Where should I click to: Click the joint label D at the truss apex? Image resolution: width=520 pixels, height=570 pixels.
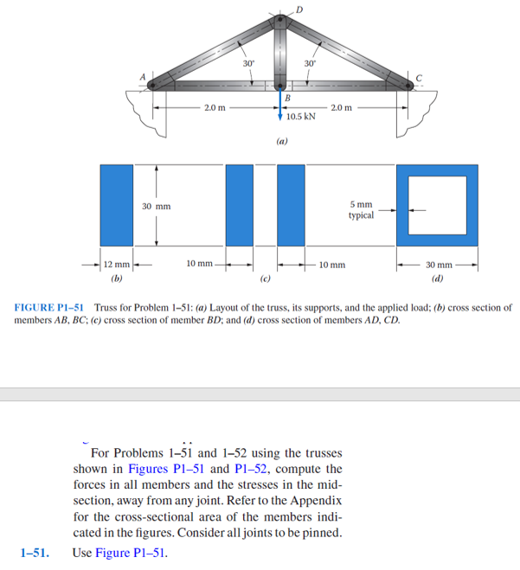click(x=299, y=10)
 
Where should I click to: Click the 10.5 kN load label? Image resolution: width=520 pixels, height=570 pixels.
click(x=300, y=115)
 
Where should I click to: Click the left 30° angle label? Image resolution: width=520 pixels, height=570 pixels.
click(x=248, y=63)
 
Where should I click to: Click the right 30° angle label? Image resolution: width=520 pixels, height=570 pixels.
click(x=309, y=63)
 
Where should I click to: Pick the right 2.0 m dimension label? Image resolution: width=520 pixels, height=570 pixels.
click(x=341, y=108)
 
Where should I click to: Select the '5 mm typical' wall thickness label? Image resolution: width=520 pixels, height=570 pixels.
click(x=361, y=209)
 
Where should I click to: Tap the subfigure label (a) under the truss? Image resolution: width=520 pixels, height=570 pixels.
click(x=282, y=138)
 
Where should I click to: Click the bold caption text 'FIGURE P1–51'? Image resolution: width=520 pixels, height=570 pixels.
click(x=50, y=307)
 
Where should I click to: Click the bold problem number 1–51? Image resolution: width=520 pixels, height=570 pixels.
click(x=35, y=552)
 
